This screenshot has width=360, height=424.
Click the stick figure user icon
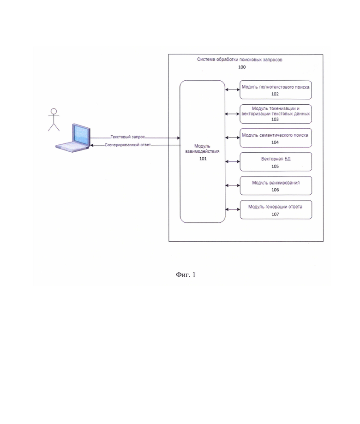coord(54,120)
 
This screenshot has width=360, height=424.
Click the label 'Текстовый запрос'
coord(127,137)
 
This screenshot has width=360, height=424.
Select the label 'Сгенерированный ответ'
coord(128,145)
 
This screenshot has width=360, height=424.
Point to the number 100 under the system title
coord(242,67)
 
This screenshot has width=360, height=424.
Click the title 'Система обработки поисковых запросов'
coord(240,60)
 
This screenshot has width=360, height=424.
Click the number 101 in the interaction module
coord(203,159)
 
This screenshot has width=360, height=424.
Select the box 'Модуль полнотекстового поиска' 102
coord(276,90)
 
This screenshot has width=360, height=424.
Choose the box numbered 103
coord(276,114)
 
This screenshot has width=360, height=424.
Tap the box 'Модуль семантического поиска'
coord(276,138)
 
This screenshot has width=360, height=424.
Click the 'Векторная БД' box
coord(276,161)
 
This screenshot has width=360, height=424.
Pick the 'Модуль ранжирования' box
coord(276,185)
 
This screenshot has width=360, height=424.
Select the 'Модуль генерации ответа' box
coord(276,209)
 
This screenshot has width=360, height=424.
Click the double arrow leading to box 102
coord(232,90)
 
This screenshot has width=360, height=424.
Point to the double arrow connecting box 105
coord(232,161)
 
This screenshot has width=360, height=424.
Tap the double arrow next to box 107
coord(232,209)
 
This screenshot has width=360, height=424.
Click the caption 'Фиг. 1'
coord(186,275)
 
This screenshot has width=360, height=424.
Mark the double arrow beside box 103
coord(232,114)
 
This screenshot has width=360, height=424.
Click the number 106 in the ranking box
coord(275,190)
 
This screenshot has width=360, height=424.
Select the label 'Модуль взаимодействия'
coord(202,149)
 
